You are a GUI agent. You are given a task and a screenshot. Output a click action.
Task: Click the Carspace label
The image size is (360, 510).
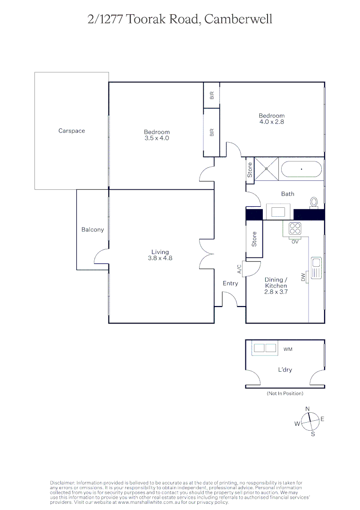[x=72, y=131]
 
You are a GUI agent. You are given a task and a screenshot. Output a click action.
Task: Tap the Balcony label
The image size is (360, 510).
[x=92, y=229]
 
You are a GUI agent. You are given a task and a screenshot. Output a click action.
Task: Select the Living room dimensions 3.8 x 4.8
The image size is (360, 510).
[x=160, y=258]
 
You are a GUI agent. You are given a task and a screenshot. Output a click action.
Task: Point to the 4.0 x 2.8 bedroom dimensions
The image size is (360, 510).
[x=271, y=122]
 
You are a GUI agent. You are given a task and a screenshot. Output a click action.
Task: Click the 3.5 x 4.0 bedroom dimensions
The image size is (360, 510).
[x=157, y=138]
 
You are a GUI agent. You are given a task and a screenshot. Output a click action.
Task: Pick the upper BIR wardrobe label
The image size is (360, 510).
[x=212, y=95]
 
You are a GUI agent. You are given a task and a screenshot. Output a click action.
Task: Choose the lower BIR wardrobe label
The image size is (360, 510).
[x=212, y=133]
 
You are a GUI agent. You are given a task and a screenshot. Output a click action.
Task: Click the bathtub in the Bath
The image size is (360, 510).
[x=301, y=169]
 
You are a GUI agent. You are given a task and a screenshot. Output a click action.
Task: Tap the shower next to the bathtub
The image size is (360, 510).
[x=266, y=168]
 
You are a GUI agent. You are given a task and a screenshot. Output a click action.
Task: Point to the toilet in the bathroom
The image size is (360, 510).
[x=314, y=202]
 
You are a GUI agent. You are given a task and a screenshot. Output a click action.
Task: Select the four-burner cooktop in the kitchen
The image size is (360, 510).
[x=295, y=229]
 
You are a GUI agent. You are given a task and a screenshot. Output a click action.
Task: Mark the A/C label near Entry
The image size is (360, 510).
[x=239, y=269]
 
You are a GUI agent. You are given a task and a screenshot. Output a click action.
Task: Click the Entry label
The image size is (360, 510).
[x=230, y=283]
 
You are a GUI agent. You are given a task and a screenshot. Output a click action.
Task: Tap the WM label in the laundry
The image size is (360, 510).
[x=288, y=349]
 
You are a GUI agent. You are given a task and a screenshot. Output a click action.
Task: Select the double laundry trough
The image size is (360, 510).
[x=265, y=348]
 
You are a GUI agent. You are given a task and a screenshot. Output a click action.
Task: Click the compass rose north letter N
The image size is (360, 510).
[x=308, y=409]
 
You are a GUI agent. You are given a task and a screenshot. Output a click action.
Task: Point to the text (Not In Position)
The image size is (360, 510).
[x=285, y=393]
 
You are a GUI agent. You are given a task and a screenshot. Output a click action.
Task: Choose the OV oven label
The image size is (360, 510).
[x=295, y=241]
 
